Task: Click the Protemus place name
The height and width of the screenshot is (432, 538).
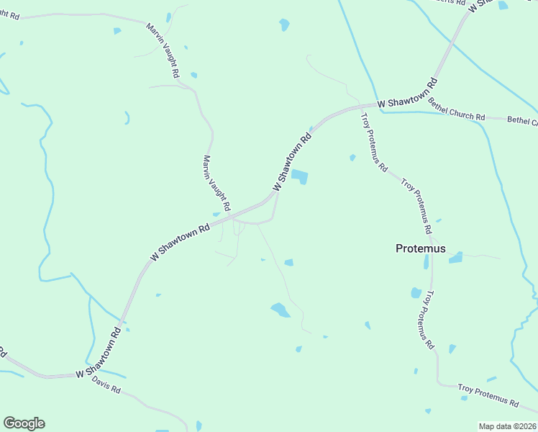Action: tap(420, 248)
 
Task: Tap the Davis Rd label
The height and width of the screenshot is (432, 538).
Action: tap(106, 387)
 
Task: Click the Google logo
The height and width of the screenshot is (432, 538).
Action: tap(24, 423)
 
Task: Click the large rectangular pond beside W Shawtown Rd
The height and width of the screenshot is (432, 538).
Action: tap(299, 176)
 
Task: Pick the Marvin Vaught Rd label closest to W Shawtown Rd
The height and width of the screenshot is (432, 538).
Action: tap(216, 183)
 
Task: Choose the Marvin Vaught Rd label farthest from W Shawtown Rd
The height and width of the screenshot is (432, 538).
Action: tap(163, 50)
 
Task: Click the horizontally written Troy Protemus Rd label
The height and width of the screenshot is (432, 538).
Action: tap(488, 395)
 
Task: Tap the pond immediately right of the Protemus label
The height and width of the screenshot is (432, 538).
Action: tap(455, 258)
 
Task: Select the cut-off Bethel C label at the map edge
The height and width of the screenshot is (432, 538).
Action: tap(522, 120)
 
